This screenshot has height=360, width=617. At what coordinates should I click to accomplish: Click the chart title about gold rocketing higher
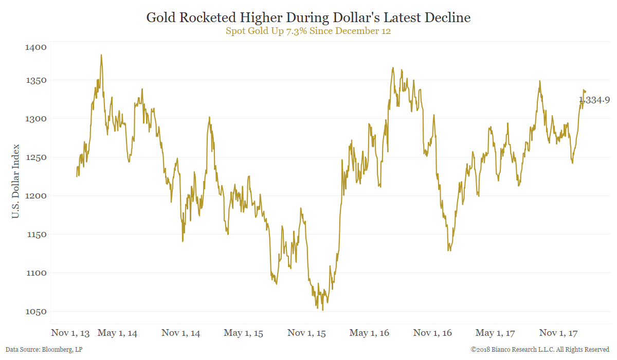[308, 17]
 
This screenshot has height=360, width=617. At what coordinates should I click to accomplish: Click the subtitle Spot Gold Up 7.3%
[308, 30]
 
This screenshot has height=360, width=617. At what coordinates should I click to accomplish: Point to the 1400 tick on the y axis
[35, 47]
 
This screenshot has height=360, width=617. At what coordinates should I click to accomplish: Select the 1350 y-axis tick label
[35, 80]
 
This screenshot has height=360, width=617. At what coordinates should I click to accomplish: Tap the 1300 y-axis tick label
[35, 119]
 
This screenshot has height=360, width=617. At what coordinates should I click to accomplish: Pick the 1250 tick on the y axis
[35, 157]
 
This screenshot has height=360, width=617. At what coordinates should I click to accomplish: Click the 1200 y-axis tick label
[35, 196]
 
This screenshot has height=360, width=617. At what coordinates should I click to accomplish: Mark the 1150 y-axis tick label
[35, 235]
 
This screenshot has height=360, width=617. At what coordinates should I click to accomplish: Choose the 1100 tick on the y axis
[35, 273]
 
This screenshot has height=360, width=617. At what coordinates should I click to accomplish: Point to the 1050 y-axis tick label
[35, 312]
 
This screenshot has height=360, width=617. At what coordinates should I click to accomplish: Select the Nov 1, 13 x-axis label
[70, 333]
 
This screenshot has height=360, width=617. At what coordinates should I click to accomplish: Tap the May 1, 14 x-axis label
[117, 333]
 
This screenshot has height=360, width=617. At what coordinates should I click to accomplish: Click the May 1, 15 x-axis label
[243, 333]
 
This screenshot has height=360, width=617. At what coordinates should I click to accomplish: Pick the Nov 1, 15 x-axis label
[306, 333]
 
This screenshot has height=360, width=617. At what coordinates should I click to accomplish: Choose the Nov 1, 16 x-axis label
[432, 333]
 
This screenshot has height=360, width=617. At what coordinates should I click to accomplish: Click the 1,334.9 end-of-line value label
[594, 100]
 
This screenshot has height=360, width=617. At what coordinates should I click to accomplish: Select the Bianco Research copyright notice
[540, 350]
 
